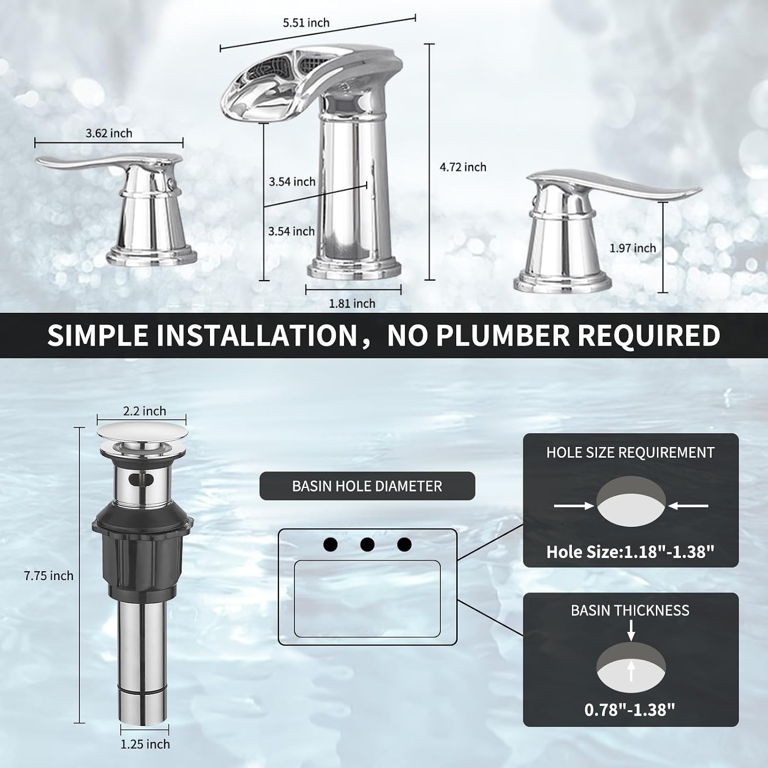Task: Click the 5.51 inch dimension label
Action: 306,23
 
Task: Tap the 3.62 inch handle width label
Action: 109,134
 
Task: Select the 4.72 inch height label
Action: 463,167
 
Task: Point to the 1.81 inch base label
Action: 352,304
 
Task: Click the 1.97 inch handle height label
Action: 632,248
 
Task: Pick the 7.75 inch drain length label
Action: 49,576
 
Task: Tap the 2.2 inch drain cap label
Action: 144,411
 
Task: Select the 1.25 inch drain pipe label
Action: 145,744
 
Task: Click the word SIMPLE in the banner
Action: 98,335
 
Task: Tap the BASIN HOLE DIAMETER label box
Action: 367,486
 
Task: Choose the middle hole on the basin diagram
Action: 367,544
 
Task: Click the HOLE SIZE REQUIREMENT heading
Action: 630,453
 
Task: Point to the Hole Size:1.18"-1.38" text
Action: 630,552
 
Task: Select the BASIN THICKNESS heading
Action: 630,610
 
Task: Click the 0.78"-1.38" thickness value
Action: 630,710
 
